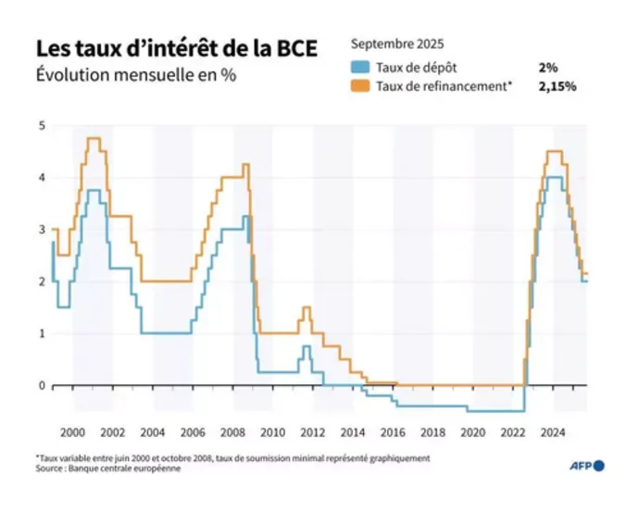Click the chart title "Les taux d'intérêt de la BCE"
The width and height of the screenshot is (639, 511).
click(x=175, y=48)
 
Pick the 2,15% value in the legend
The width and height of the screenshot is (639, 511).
click(x=557, y=86)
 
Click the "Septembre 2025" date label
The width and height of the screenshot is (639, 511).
click(x=397, y=44)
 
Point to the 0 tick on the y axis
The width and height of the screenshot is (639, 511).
click(x=41, y=385)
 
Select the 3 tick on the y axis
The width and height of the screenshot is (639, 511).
click(x=41, y=230)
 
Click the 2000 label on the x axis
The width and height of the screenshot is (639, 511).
click(x=73, y=431)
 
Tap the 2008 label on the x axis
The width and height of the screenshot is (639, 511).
click(x=232, y=431)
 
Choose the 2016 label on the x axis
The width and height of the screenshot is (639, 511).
click(x=393, y=431)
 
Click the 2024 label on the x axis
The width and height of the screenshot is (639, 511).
click(x=553, y=431)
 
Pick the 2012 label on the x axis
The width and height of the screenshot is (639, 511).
click(x=312, y=431)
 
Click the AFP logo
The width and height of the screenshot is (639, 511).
click(x=585, y=466)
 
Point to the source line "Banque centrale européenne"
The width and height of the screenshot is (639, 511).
click(x=130, y=468)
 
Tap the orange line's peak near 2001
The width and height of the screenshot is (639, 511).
click(x=93, y=138)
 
